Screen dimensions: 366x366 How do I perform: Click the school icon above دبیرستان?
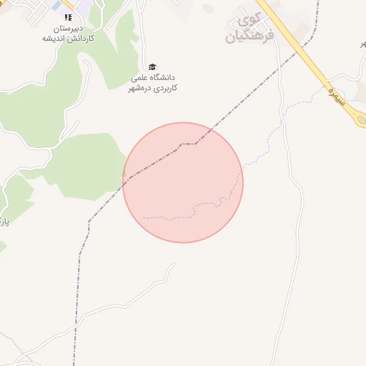(68, 16)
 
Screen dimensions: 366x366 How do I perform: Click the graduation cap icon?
(152, 66)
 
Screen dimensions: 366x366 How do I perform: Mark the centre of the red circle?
(183, 182)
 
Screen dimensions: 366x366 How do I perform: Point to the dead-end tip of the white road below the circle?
(174, 264)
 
